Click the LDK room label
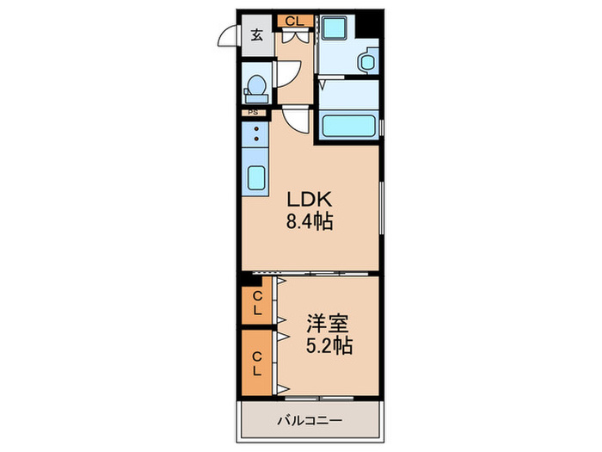point(310,200)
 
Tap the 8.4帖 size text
point(310,222)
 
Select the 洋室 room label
point(328,323)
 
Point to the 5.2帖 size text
point(329,345)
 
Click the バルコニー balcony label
point(310,420)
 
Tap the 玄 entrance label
point(257,35)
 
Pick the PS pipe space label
point(253,113)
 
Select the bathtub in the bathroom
point(348,126)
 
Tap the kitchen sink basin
point(255,177)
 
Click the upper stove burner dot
point(256,129)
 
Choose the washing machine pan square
point(333,28)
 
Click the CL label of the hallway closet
point(295,21)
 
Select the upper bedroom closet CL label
point(257,302)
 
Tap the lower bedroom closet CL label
point(257,364)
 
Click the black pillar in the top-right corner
point(369,24)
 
